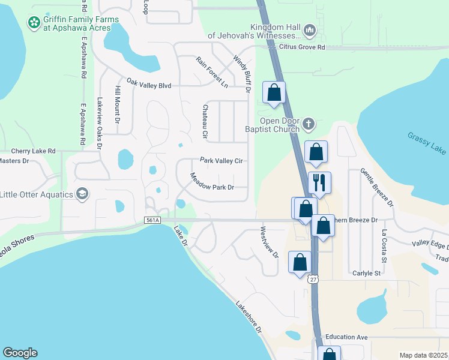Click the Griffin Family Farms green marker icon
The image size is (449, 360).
point(34,22)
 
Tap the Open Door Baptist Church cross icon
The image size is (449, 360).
point(309,124)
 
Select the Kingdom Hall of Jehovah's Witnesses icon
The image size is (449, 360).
point(310,29)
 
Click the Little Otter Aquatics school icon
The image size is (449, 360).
point(82,194)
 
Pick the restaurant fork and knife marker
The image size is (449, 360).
point(319,182)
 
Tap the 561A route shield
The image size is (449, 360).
point(154,221)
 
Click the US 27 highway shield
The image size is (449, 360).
point(312,279)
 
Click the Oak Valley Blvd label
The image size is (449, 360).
point(149,86)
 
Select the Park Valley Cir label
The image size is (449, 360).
point(221,161)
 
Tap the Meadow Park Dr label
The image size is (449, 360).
point(211,182)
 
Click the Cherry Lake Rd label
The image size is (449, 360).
point(33,151)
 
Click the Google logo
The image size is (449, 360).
point(20,353)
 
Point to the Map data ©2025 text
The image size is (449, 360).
point(423,355)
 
